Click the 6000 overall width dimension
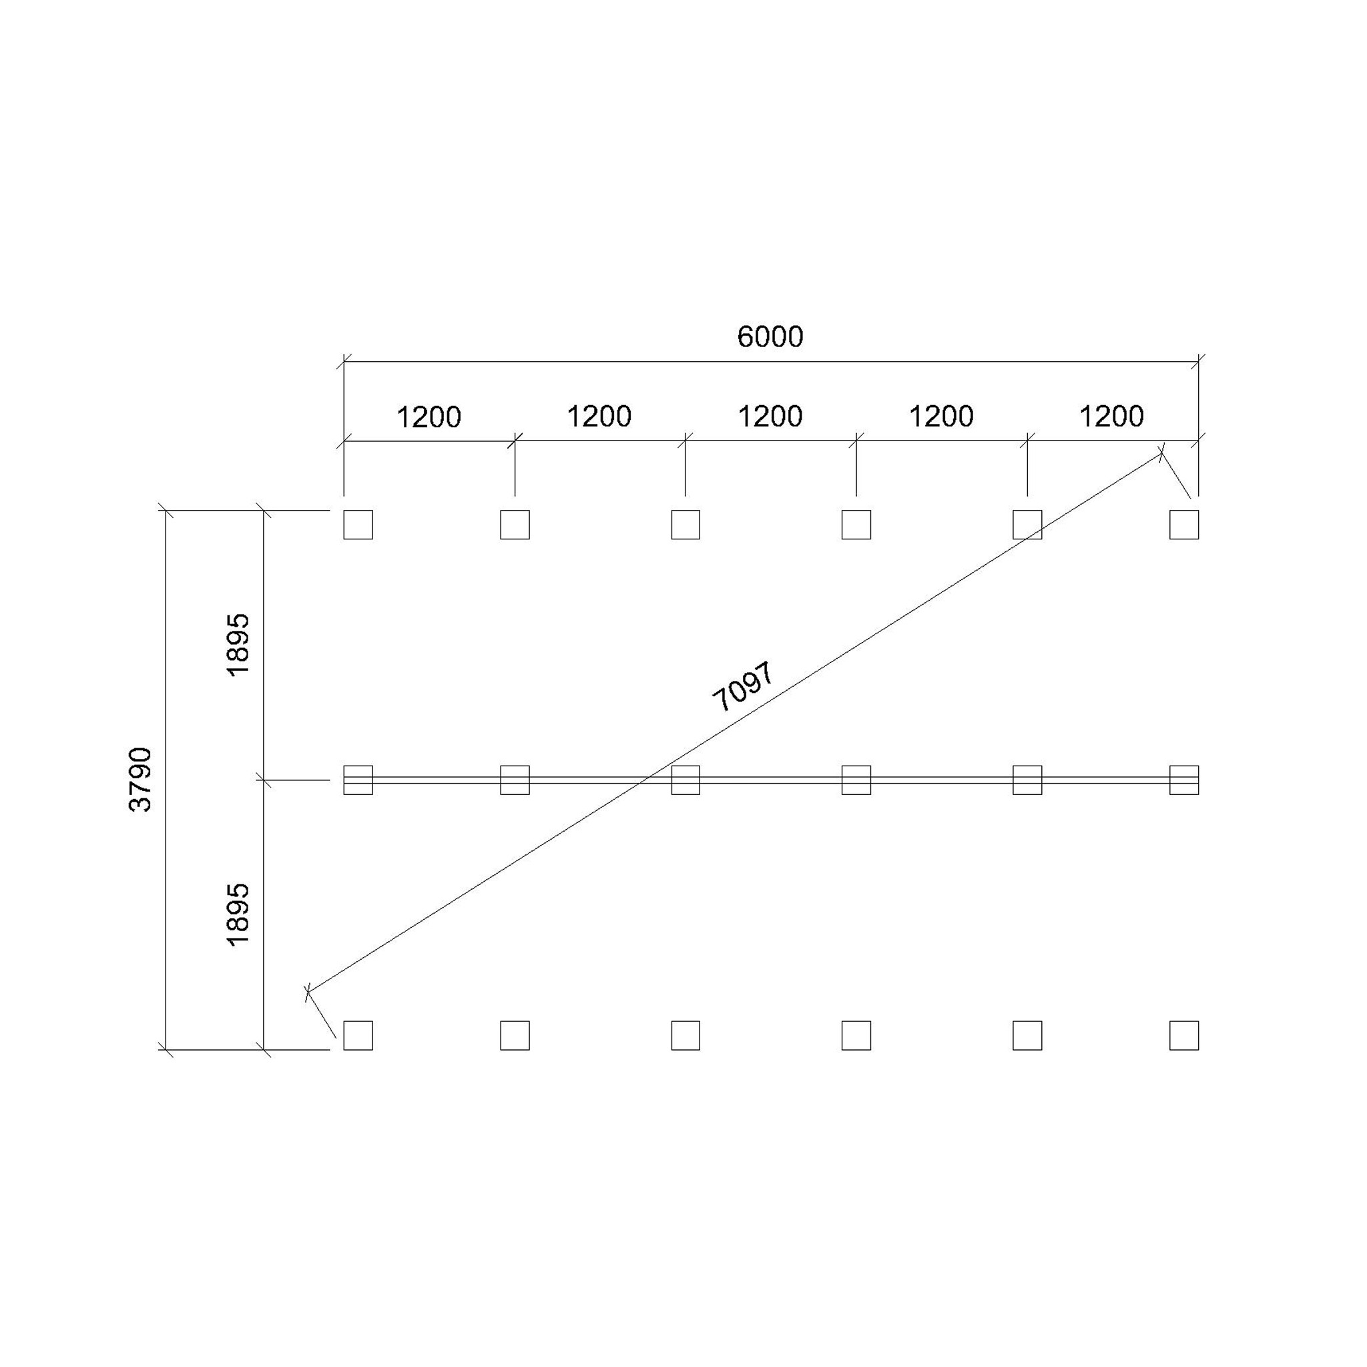pos(770,338)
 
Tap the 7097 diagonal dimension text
pos(744,687)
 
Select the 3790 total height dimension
pos(140,779)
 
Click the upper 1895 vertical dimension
pos(238,645)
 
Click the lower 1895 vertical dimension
pos(238,914)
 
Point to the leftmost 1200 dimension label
pos(429,417)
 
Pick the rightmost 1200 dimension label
pos(1111,417)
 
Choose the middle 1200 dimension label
pos(770,417)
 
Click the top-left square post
pos(358,524)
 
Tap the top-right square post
pos(1183,524)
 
